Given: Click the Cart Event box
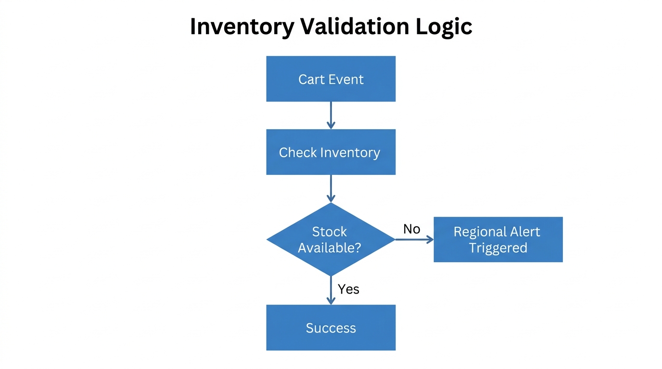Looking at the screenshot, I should click(x=331, y=79).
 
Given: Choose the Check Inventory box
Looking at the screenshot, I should click(x=331, y=152).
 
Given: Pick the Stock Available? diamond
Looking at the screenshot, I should click(x=331, y=239).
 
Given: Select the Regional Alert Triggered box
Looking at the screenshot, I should click(x=498, y=239).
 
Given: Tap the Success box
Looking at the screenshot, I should click(x=331, y=328).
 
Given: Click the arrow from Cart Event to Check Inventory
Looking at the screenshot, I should click(x=331, y=115).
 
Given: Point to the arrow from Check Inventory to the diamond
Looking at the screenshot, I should click(x=331, y=188).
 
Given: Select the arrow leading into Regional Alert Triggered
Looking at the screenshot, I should click(x=414, y=240).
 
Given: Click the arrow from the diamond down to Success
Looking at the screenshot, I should click(x=331, y=290).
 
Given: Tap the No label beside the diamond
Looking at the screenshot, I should click(x=412, y=229).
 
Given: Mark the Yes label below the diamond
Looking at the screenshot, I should click(x=348, y=289).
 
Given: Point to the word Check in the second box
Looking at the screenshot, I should click(x=298, y=152).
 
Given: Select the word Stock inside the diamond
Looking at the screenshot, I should click(x=330, y=232).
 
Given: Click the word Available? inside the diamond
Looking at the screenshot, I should click(x=330, y=248).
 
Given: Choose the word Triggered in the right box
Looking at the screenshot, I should click(x=498, y=248).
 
